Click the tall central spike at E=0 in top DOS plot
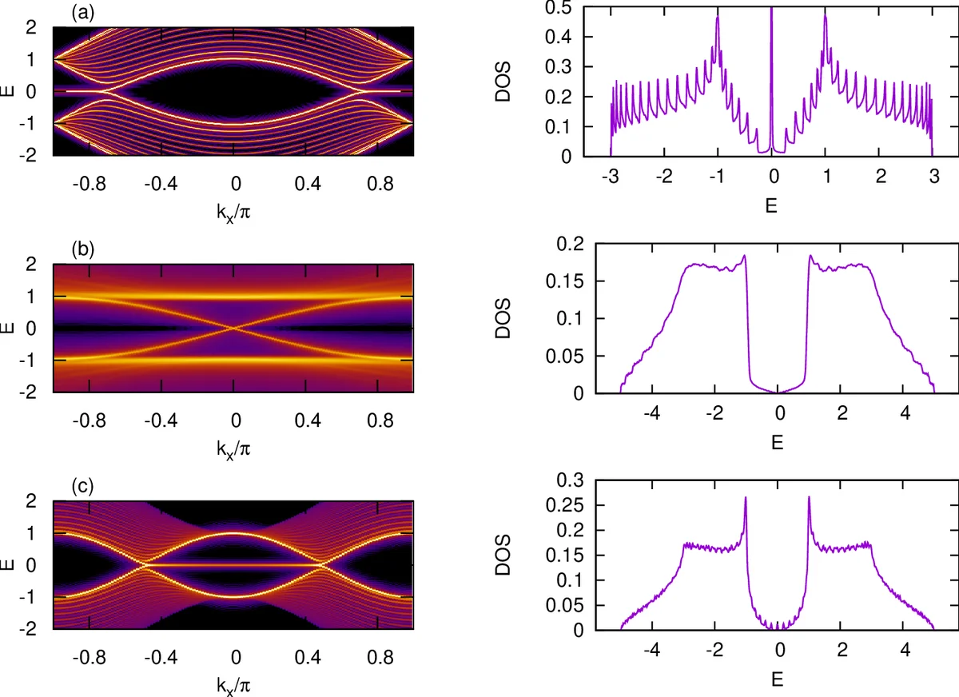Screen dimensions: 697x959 (x=771, y=48)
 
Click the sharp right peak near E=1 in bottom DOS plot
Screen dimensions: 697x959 (x=810, y=500)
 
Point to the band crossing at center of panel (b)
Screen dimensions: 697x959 (x=233, y=328)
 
